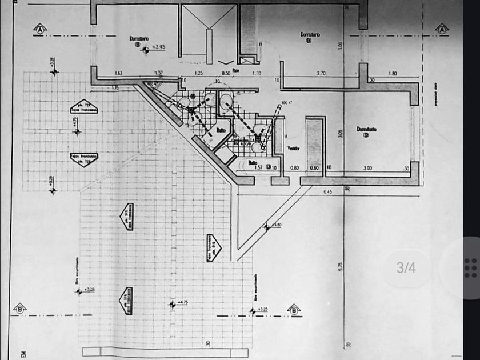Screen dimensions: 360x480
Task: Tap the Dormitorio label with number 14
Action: tap(310, 36)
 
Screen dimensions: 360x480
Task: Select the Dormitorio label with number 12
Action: tap(367, 131)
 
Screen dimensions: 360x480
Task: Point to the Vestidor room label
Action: tap(294, 147)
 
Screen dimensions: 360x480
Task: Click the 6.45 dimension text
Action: tap(327, 192)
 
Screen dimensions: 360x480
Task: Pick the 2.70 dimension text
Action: tap(321, 74)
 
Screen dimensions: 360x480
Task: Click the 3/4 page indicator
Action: tap(406, 267)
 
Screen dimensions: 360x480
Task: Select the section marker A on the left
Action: tap(40, 28)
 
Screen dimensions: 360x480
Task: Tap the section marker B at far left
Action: tap(19, 308)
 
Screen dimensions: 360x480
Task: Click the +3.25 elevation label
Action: tap(262, 309)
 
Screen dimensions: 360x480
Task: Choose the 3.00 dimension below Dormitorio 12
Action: tap(368, 168)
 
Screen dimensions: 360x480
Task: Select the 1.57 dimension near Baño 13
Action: tap(258, 168)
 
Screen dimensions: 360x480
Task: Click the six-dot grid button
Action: tap(470, 267)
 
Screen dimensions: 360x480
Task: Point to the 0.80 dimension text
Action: tap(295, 168)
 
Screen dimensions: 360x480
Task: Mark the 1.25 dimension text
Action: tap(199, 74)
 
